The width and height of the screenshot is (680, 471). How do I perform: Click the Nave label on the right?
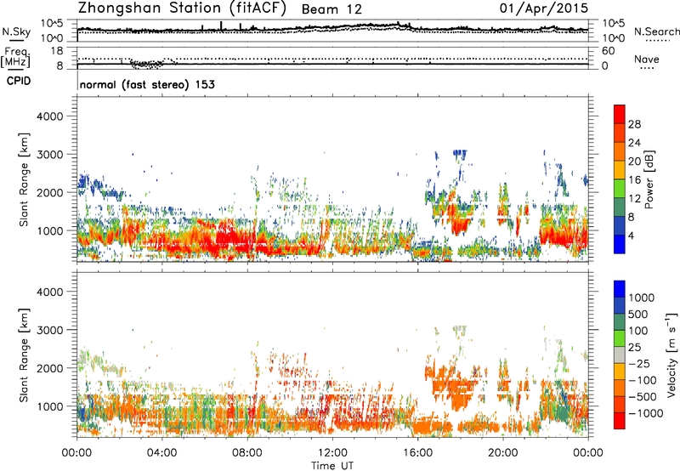click(645, 60)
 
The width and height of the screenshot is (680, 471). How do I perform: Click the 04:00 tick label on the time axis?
click(161, 452)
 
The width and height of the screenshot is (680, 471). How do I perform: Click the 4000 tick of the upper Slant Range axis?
click(55, 116)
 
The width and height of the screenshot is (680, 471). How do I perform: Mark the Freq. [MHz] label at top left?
click(14, 57)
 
